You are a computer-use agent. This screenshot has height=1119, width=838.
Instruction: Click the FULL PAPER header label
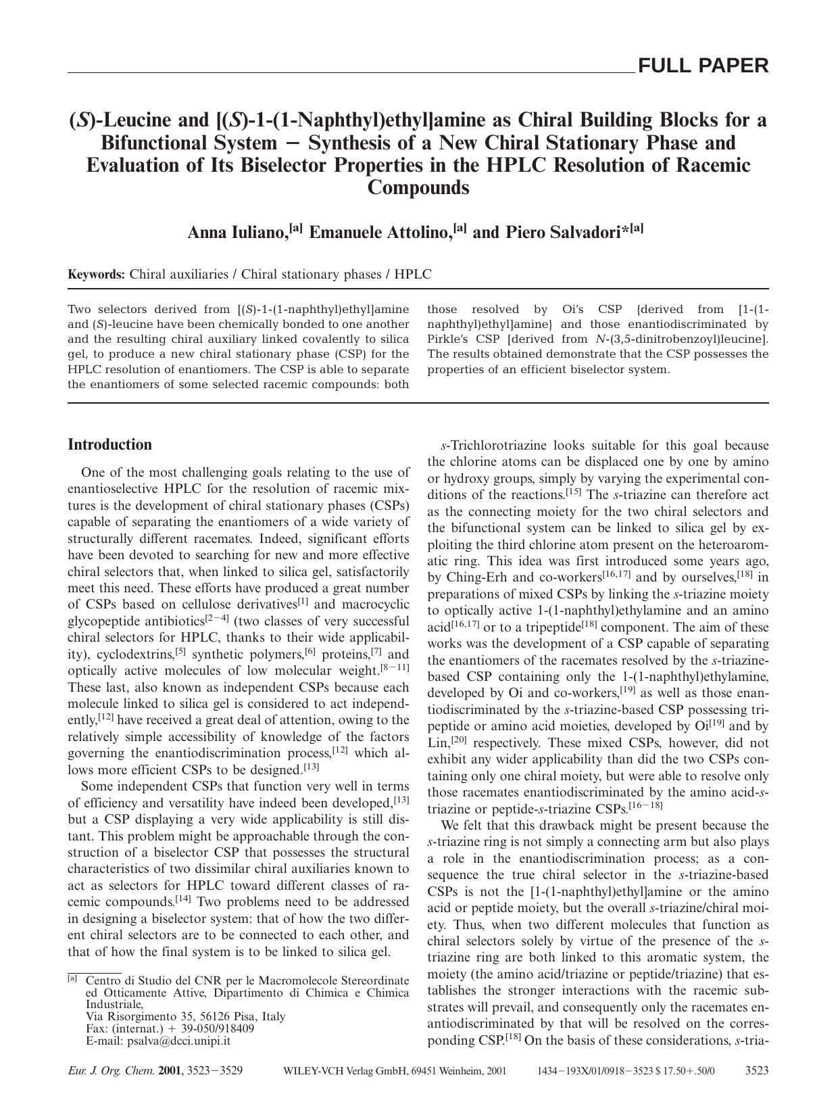point(703,66)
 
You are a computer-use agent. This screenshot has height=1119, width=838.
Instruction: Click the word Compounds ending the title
point(418,187)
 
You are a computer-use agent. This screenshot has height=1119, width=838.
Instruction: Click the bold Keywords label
point(96,275)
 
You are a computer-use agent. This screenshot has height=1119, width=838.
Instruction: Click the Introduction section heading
point(109,444)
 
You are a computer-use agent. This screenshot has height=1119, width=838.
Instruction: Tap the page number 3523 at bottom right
point(756,1071)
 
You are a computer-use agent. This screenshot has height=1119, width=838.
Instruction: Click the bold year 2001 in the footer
point(171,1071)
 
